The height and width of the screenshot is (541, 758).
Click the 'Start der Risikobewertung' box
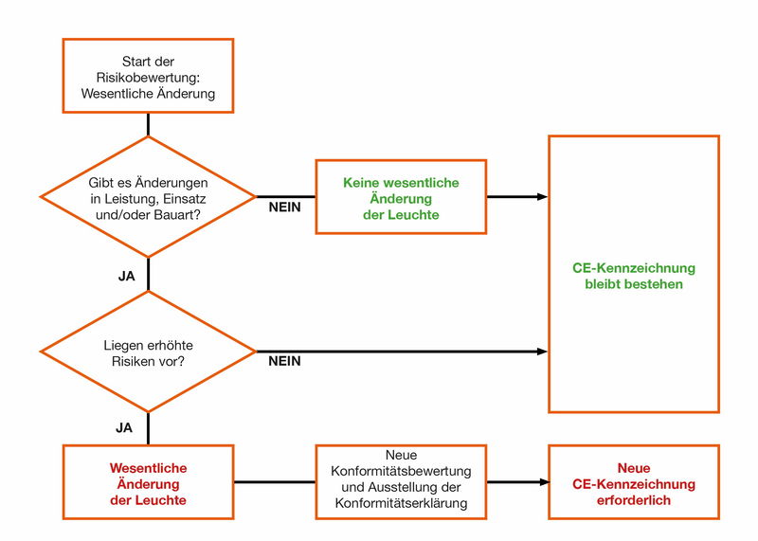coord(148,77)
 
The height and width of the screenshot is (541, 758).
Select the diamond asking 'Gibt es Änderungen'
coord(148,197)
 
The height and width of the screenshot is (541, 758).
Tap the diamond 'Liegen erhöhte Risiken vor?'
coord(148,352)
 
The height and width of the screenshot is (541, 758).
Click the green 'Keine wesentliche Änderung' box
coord(400,197)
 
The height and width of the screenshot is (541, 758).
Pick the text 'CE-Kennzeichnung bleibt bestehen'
coord(634,275)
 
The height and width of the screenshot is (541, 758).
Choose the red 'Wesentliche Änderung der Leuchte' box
coord(148,483)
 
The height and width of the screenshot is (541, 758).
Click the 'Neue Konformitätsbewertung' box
coord(401,481)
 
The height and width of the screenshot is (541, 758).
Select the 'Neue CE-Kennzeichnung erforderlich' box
coord(634,483)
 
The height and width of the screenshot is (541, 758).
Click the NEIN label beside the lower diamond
coord(284,361)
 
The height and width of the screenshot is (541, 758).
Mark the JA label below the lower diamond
coord(125,427)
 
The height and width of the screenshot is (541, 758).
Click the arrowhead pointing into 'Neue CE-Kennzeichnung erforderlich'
coord(544,482)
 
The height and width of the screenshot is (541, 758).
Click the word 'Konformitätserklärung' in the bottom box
coord(401,503)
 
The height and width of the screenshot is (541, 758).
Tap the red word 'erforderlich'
coord(634,499)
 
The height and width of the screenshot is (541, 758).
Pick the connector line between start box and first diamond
coord(148,124)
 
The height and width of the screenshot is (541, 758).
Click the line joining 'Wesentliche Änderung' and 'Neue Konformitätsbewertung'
coord(275,482)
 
